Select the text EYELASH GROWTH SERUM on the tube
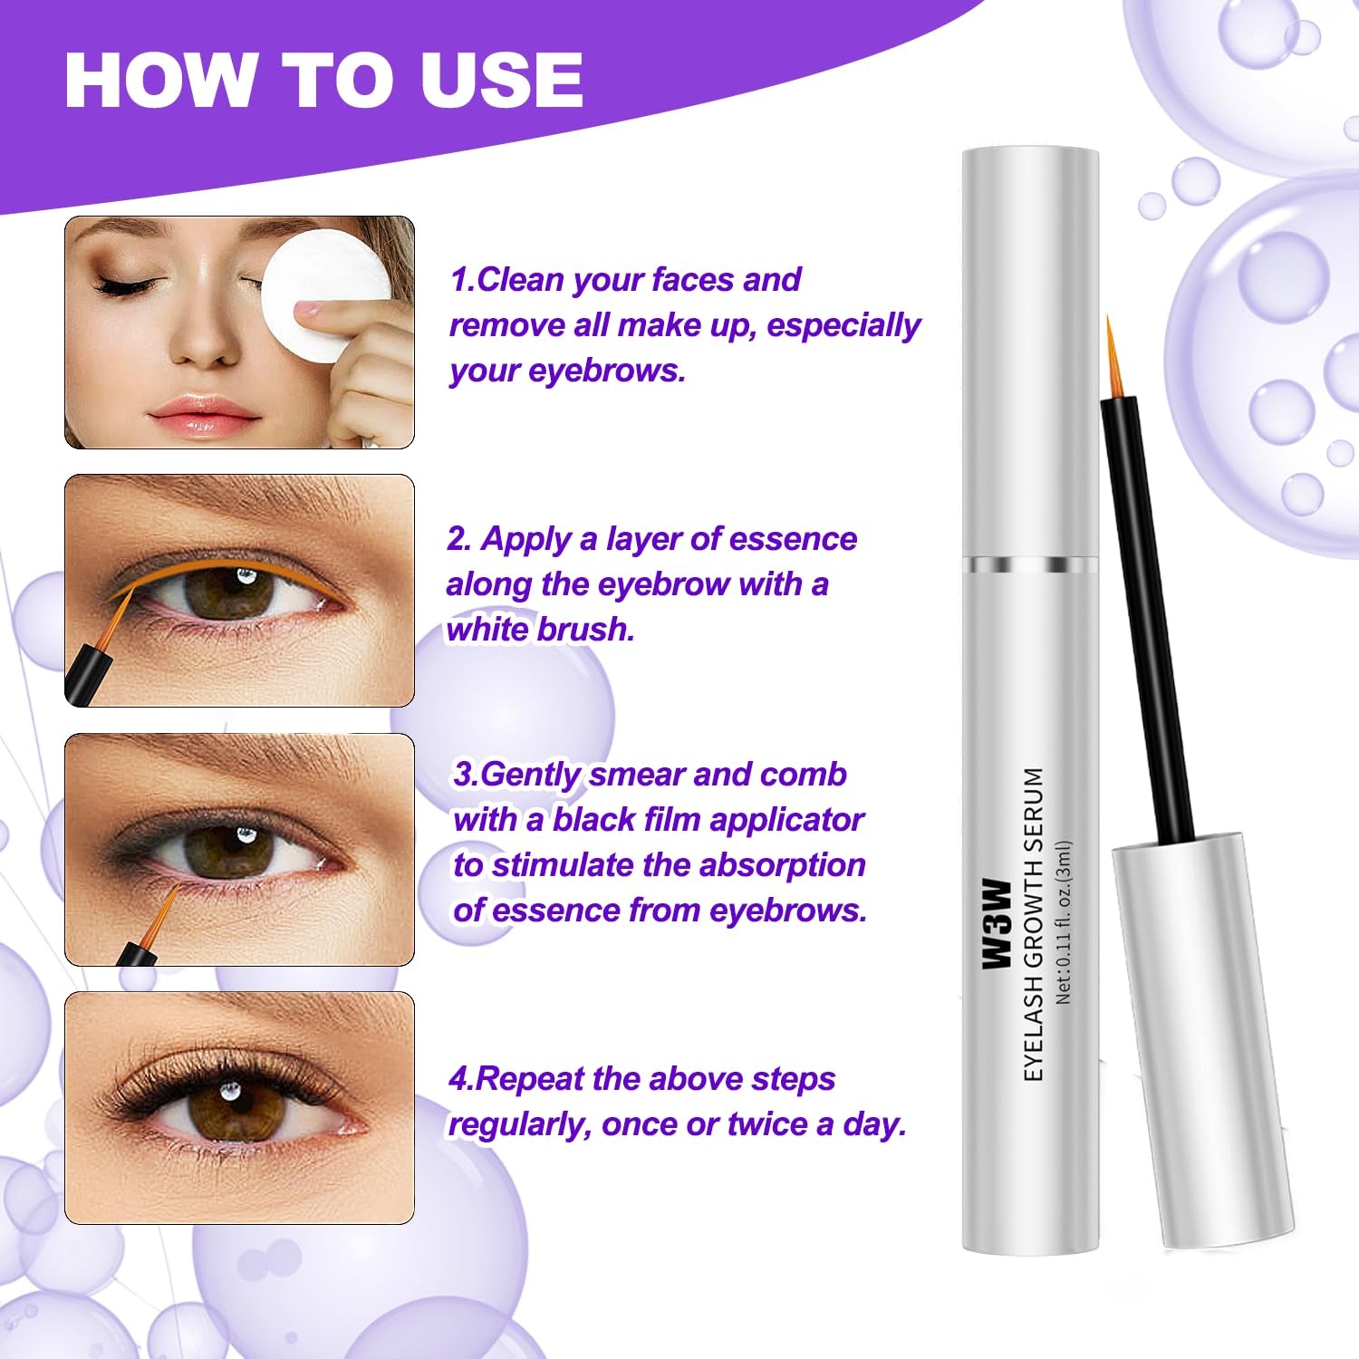[1034, 924]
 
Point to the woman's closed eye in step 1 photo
[127, 285]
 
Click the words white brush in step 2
[540, 629]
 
